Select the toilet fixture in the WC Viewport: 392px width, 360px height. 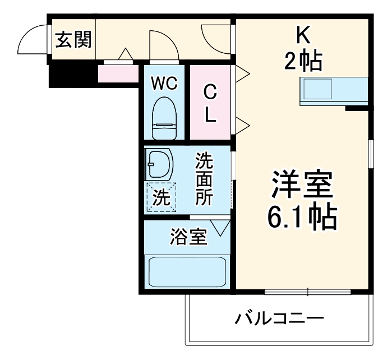pyautogui.click(x=165, y=118)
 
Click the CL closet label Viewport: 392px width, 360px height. pyautogui.click(x=210, y=103)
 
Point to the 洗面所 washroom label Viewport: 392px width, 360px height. pyautogui.click(x=204, y=179)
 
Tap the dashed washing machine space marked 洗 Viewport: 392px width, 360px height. pyautogui.click(x=161, y=197)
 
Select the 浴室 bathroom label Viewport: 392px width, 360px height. pyautogui.click(x=189, y=238)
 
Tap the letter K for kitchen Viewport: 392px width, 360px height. pyautogui.click(x=303, y=36)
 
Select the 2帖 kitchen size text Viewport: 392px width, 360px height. pyautogui.click(x=303, y=60)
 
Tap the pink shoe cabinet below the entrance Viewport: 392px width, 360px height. pyautogui.click(x=118, y=73)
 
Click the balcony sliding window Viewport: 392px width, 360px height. pyautogui.click(x=307, y=292)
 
